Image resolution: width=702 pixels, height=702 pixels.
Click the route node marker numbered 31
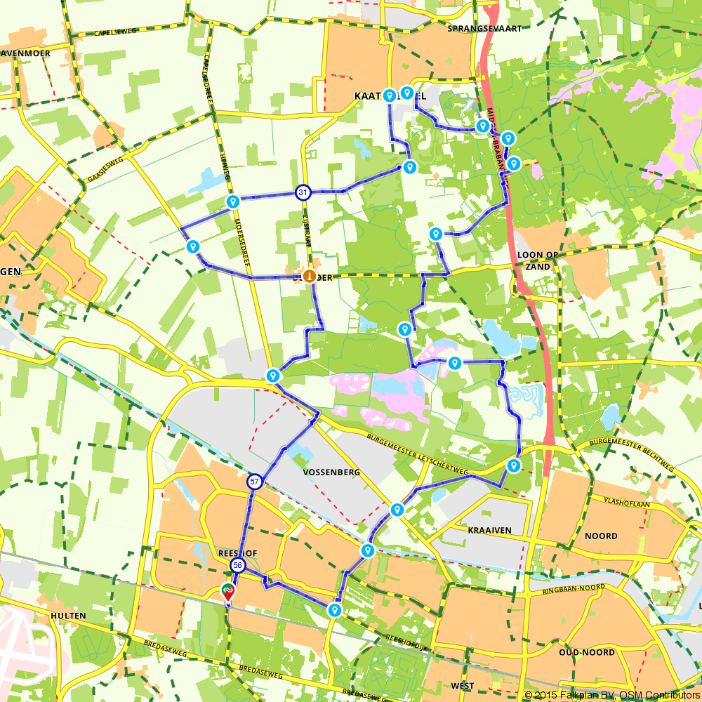tap(303, 192)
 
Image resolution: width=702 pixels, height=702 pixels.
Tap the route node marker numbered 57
tap(254, 482)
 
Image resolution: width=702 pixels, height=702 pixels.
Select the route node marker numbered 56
tap(238, 566)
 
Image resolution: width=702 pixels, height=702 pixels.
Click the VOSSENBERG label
tap(331, 472)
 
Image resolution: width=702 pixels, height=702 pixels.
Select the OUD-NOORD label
tap(587, 652)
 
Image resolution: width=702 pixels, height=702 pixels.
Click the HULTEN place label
tap(68, 616)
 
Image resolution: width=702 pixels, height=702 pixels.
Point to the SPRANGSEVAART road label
tap(476, 29)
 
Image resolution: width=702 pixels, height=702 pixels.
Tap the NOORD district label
tap(601, 536)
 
